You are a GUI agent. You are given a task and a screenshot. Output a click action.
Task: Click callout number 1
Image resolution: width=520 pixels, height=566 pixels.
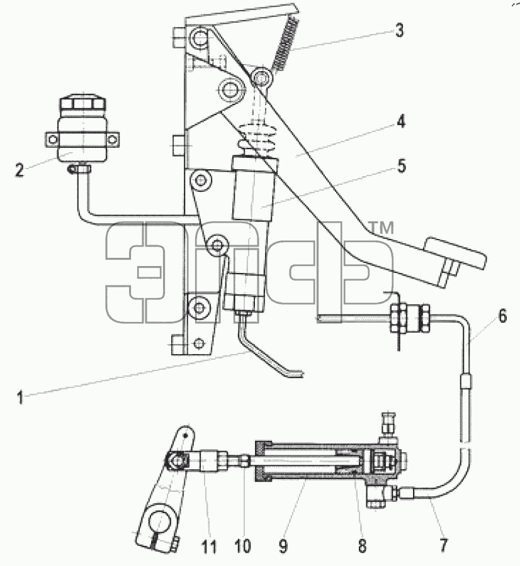tap(21, 397)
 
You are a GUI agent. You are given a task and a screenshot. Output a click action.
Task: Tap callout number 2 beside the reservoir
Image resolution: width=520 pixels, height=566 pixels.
tap(19, 170)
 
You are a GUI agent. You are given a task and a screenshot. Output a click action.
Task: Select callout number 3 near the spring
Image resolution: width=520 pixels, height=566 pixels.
tap(399, 30)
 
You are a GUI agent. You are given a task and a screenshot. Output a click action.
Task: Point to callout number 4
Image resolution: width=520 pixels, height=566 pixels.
tap(401, 121)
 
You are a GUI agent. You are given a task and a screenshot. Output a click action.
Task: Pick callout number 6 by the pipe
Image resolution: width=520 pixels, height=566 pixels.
tap(502, 316)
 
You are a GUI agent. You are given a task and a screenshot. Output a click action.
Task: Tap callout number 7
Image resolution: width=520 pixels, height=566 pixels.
tap(444, 545)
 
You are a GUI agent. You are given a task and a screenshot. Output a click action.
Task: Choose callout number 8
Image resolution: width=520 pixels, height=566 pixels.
tap(362, 545)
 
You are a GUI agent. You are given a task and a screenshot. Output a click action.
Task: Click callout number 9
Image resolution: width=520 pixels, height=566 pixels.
tap(283, 545)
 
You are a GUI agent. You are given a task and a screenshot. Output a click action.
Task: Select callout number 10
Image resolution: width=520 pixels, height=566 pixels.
tap(242, 545)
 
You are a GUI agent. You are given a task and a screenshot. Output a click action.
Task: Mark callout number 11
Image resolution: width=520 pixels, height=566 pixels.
tap(209, 545)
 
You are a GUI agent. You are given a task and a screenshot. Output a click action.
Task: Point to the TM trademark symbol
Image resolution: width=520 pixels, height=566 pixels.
tap(382, 229)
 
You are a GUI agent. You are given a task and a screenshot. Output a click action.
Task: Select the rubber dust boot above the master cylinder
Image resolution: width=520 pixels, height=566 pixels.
tap(259, 140)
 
